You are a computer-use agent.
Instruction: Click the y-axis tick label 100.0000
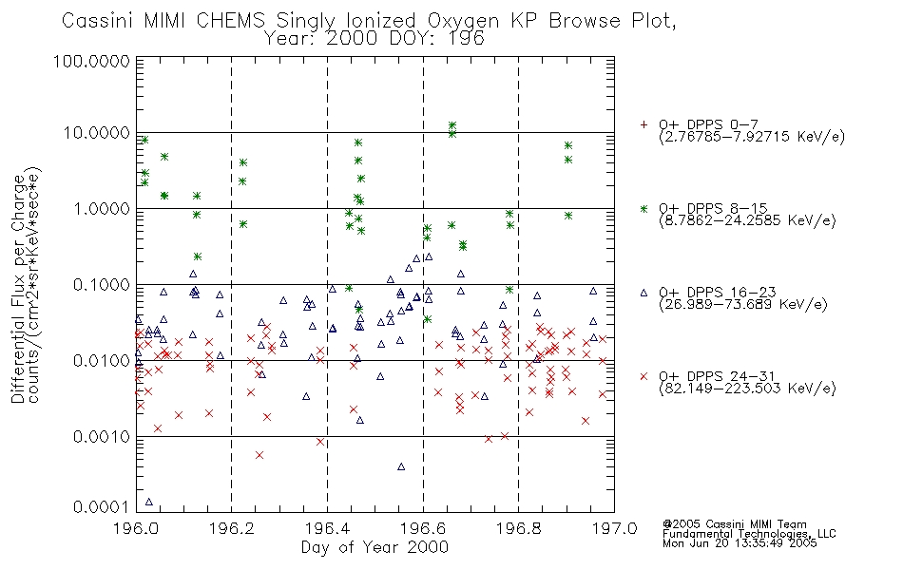point(91,61)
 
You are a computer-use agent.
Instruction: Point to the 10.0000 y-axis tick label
point(96,133)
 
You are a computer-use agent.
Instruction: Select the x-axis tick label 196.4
point(327,528)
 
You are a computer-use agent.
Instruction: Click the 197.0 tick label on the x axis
point(614,528)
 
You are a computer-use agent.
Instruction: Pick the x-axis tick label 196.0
point(137,528)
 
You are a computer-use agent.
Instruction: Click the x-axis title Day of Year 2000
point(375,547)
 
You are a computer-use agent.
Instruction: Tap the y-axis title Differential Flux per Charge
point(18,289)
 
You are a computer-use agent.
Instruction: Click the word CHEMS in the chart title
point(230,21)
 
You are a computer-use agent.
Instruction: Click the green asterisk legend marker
point(644,208)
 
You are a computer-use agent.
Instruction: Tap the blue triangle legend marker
point(644,293)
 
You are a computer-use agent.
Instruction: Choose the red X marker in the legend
point(644,376)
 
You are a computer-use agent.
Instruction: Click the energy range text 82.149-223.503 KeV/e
point(747,389)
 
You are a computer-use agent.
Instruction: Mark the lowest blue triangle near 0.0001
point(149,502)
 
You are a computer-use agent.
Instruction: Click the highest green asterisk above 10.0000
point(452,125)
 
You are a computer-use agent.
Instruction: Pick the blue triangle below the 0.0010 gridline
point(401,466)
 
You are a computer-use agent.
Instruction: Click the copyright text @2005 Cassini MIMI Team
point(734,524)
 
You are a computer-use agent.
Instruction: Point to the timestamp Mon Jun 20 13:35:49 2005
point(740,543)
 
